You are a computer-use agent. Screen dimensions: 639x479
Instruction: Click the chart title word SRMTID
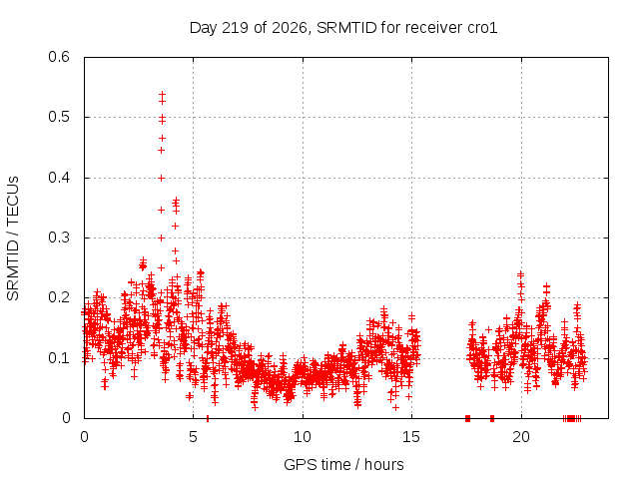(346, 28)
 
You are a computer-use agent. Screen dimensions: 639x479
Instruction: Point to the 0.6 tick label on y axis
(59, 57)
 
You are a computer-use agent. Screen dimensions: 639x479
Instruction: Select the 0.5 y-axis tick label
(59, 117)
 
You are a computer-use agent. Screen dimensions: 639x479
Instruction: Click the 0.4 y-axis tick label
(59, 178)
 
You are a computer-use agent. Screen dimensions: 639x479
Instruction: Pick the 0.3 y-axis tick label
(59, 238)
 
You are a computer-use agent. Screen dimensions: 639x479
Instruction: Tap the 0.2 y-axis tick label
(59, 297)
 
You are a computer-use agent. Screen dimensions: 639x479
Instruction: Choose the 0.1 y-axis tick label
(59, 358)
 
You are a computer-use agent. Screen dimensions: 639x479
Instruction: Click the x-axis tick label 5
(193, 437)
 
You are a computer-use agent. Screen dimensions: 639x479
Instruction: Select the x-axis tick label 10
(303, 437)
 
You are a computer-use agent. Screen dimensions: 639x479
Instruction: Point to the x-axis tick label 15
(411, 437)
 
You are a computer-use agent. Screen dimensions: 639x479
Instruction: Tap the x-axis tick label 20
(521, 437)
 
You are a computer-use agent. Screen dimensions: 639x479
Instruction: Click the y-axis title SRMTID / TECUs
(13, 238)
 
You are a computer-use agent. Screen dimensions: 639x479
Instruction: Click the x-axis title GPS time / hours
(343, 464)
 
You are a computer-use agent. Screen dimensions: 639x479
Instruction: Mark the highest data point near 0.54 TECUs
(162, 95)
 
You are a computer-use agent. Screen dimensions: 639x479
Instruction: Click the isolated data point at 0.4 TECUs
(162, 178)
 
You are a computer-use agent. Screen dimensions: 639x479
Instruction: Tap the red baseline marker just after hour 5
(208, 418)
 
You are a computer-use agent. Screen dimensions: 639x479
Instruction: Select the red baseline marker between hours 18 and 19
(492, 418)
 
